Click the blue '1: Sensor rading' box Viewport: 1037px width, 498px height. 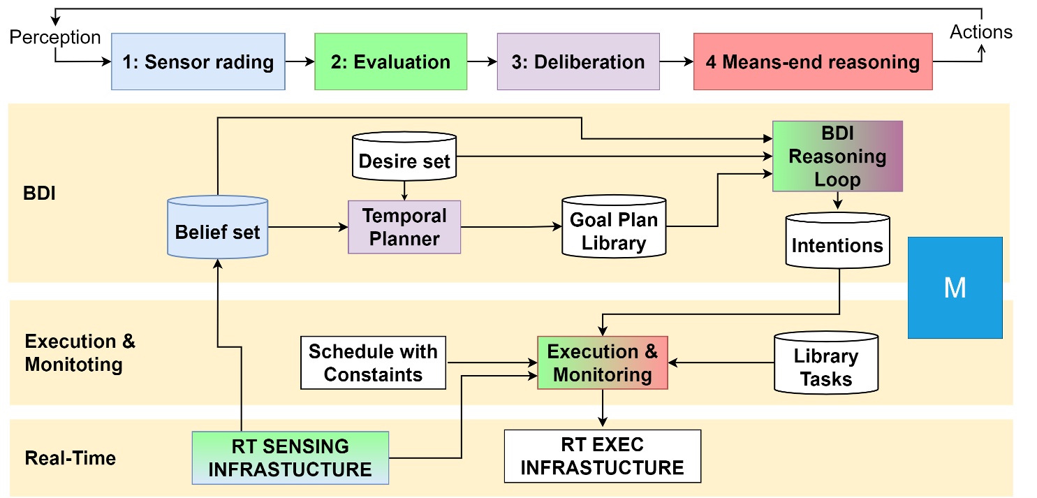(198, 61)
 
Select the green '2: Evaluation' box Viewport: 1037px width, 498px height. (390, 61)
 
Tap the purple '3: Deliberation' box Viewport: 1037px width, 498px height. (578, 61)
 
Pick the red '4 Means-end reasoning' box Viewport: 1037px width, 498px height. (813, 61)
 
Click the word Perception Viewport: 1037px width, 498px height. (55, 37)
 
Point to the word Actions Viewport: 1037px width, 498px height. (982, 32)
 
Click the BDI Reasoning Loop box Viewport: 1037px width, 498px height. (837, 156)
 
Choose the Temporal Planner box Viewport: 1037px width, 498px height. (404, 227)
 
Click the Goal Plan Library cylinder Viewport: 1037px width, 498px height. (614, 230)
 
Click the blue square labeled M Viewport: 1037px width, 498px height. (955, 288)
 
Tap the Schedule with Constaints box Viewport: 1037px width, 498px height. (373, 362)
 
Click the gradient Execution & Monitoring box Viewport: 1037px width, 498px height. (602, 362)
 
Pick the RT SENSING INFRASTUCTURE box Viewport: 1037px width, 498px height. (290, 457)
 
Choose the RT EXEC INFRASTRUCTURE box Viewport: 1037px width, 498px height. (602, 456)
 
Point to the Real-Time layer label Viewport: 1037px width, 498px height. (71, 458)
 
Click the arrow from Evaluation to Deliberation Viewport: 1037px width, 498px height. (481, 61)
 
